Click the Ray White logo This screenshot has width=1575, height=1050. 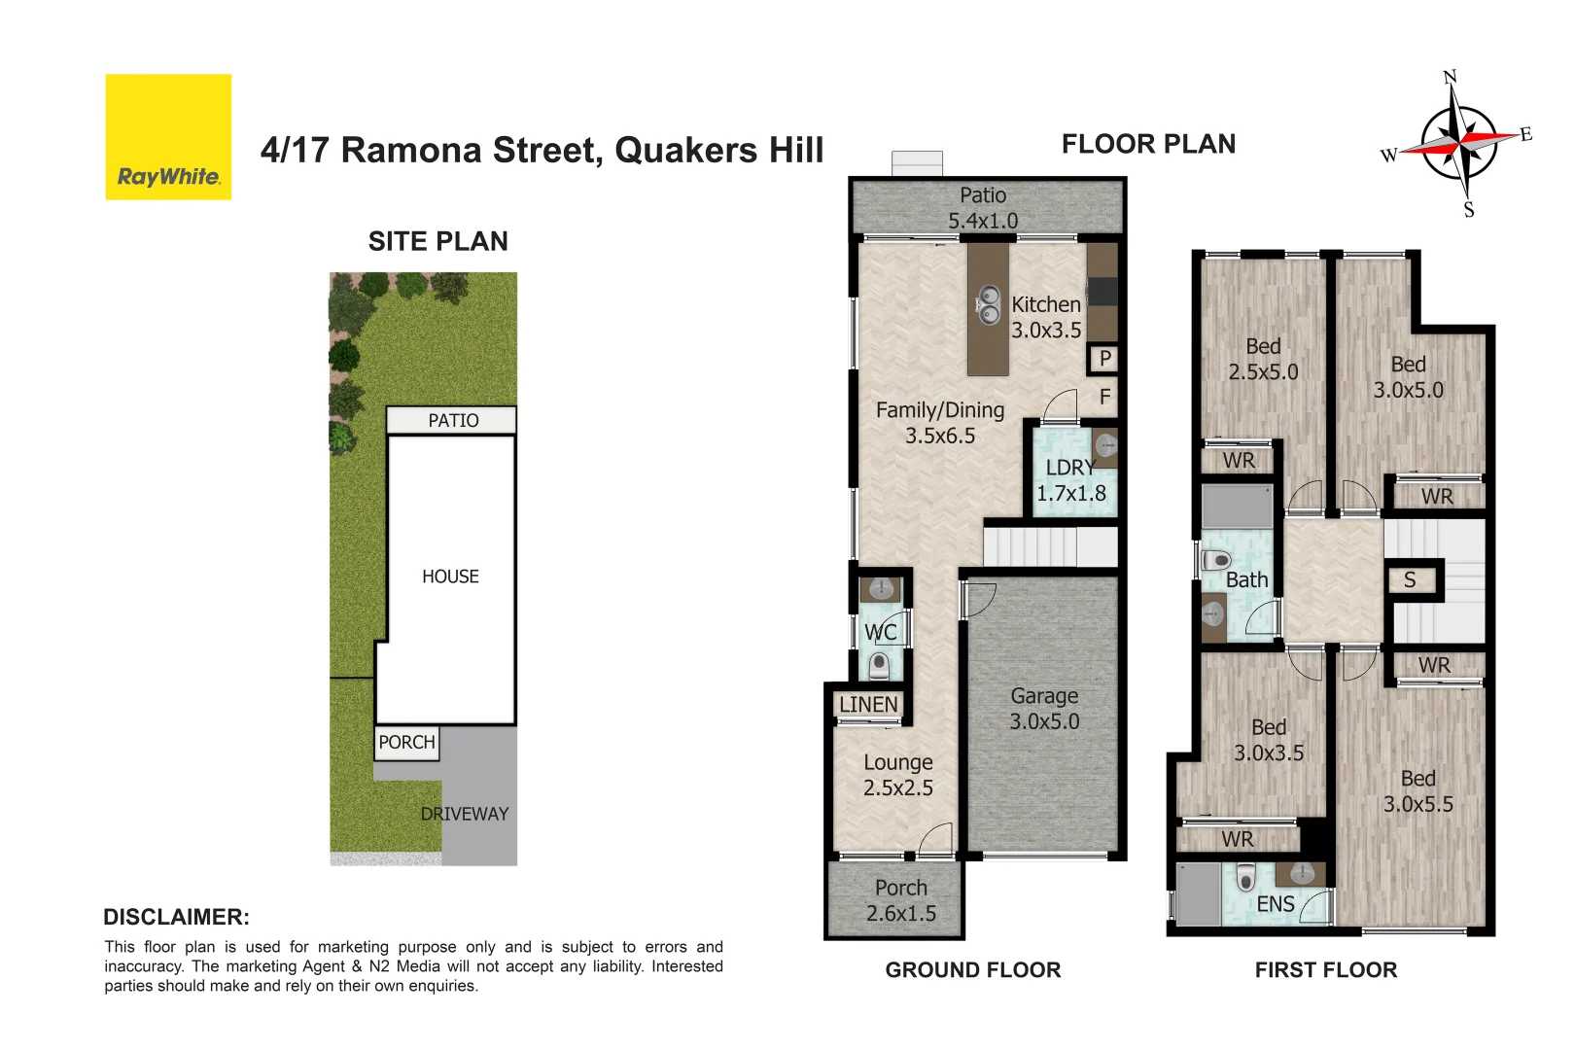[168, 137]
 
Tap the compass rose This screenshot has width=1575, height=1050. [1458, 143]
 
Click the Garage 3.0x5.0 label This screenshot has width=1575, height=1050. [1044, 709]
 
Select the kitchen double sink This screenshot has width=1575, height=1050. [989, 304]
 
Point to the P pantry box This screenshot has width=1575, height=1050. [1103, 359]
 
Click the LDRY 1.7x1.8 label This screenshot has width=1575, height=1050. [1070, 480]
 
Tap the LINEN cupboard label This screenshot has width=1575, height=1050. [868, 704]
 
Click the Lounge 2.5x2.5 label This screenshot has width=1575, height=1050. [897, 775]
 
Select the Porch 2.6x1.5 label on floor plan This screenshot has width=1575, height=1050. [900, 900]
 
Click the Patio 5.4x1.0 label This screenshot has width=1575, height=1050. [983, 208]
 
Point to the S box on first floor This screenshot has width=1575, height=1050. [1410, 580]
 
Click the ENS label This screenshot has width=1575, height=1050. [1275, 904]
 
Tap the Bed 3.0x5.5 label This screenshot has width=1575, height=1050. [1417, 791]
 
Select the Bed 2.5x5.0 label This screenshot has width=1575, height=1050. [1263, 359]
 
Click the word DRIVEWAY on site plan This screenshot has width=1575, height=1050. [464, 814]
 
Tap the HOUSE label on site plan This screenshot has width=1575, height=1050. [450, 577]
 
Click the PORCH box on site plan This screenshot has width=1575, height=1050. [406, 742]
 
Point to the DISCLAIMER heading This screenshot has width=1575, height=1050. [176, 917]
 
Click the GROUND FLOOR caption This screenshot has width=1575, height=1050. [972, 969]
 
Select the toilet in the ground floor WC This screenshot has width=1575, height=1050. [879, 665]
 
